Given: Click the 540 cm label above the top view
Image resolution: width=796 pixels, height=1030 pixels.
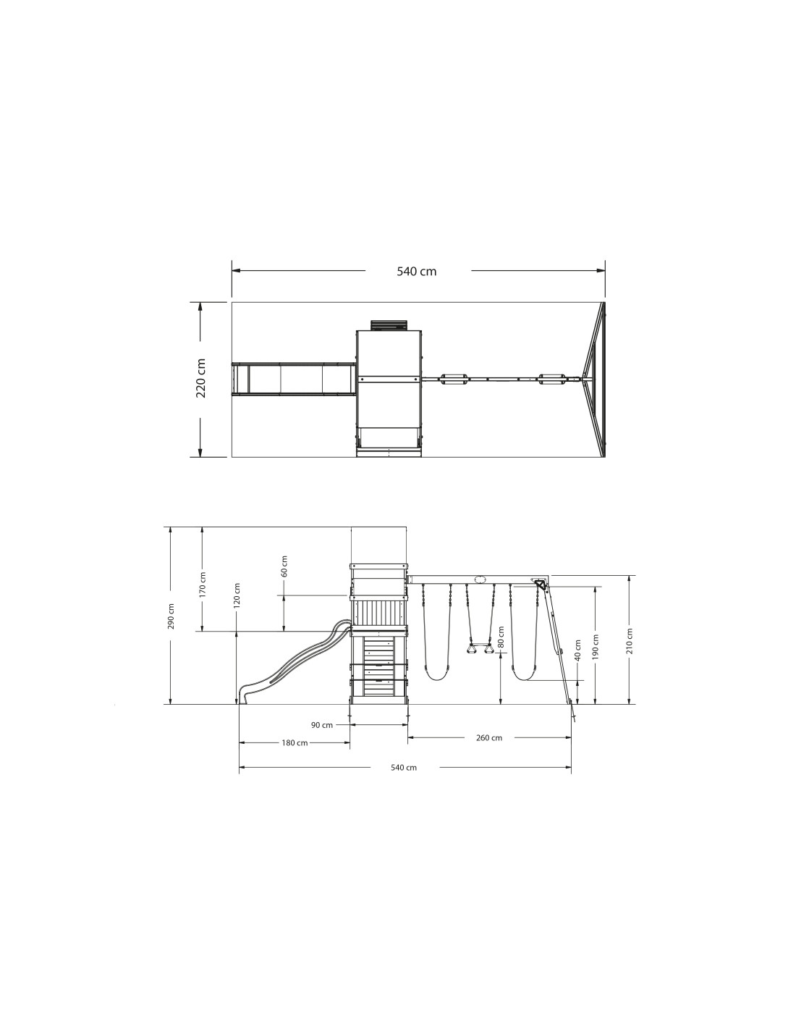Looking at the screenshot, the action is (416, 271).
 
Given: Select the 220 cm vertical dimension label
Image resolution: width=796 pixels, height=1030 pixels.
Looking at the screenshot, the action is (200, 378).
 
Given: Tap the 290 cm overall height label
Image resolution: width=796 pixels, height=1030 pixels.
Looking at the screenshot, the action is (172, 616).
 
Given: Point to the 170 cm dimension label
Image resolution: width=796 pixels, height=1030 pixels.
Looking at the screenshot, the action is (203, 585).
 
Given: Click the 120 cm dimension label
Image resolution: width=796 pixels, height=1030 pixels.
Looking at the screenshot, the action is (237, 595).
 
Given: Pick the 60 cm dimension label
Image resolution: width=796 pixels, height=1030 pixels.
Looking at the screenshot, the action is (284, 566).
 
